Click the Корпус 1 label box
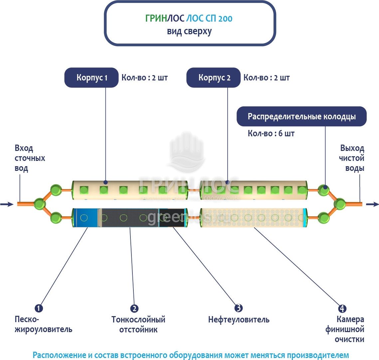pos(92,78)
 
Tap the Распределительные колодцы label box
pos(301,117)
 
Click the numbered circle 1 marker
pos(39,308)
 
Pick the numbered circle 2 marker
pos(134,308)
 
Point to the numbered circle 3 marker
pos(238,308)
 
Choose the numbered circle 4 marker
pos(342,308)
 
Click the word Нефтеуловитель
pos(239,320)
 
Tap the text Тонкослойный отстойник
pos(138,324)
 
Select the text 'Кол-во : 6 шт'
pos(271,134)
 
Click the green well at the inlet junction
pos(40,203)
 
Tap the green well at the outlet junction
pos(340,203)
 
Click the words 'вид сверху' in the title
pos(189,31)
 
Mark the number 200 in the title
pos(225,18)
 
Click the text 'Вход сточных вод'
pos(29,158)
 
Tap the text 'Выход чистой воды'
pos(352,158)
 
